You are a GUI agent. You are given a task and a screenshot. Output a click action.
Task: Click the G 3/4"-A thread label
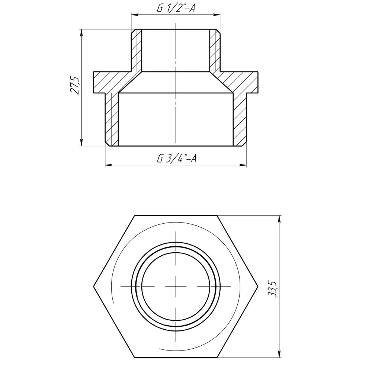coord(176,159)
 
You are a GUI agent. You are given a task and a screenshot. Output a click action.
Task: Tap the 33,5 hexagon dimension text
coord(274,288)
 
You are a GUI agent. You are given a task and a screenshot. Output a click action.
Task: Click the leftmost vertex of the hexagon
coord(93,287)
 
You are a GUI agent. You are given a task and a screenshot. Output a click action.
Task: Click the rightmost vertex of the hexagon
coord(258,287)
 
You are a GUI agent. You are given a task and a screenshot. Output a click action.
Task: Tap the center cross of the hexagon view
coord(175,287)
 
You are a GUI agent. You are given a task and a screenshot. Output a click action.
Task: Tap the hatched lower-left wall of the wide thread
coord(112,119)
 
